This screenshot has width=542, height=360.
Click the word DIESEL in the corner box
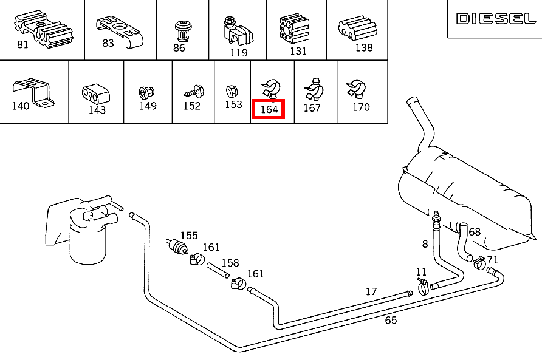[x=496, y=19]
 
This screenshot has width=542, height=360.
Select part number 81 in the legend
[x=22, y=45]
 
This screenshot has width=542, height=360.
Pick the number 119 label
[x=239, y=53]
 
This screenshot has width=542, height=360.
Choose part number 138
[x=364, y=47]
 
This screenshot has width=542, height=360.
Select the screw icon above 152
[x=193, y=92]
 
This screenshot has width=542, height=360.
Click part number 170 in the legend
[x=361, y=107]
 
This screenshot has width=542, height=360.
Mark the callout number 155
[x=189, y=236]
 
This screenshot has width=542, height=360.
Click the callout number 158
[x=230, y=263]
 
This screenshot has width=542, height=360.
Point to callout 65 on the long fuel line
[x=391, y=320]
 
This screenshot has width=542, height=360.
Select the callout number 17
[x=371, y=291]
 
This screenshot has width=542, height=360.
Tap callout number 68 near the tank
[x=475, y=232]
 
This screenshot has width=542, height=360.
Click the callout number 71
[x=493, y=259]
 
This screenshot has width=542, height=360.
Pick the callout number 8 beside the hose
[x=425, y=244]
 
